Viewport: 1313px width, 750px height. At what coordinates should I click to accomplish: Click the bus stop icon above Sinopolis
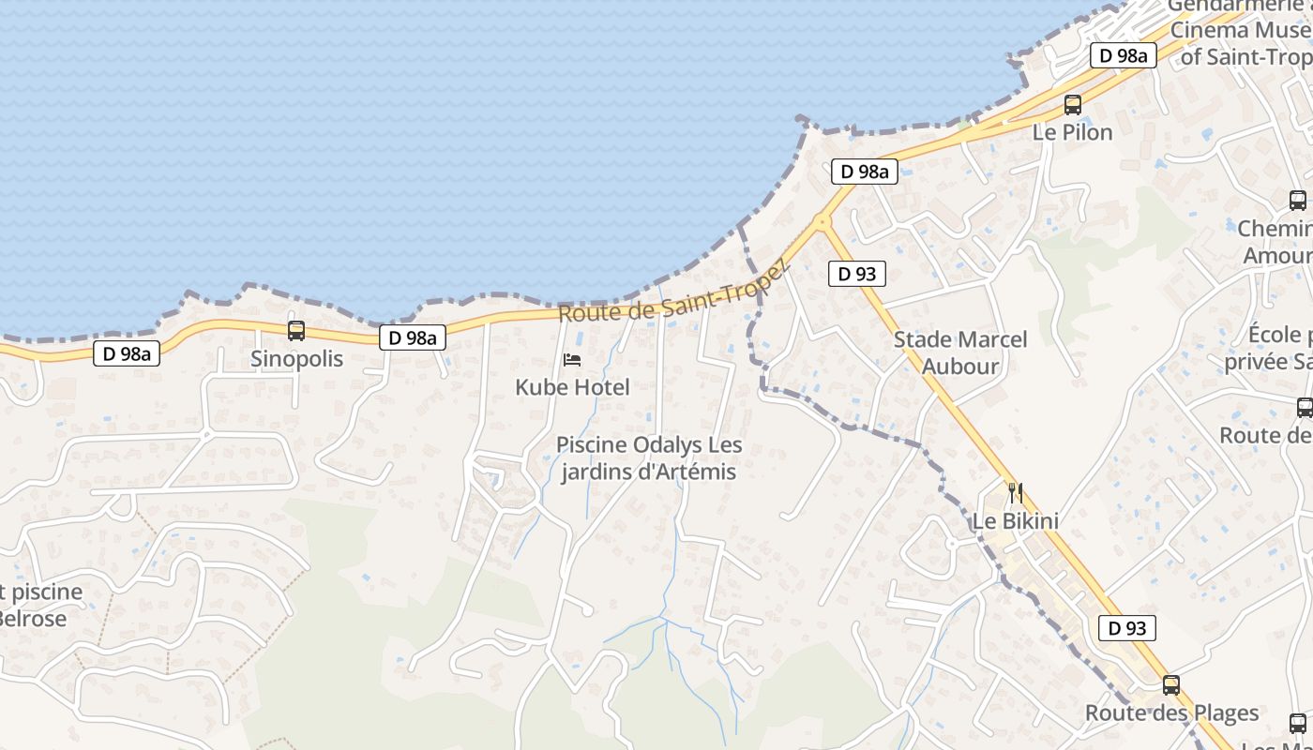tap(296, 330)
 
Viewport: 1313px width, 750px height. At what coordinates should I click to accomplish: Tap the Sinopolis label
tap(296, 359)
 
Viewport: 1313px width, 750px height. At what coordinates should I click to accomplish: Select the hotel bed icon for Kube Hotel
tap(572, 359)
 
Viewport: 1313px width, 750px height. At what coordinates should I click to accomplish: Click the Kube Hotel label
tap(572, 387)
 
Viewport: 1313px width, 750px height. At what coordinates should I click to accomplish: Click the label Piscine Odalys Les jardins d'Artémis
tap(648, 458)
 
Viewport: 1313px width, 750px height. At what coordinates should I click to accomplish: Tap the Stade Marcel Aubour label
tap(960, 352)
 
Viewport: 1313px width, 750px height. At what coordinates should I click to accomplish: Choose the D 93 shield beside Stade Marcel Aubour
tap(857, 274)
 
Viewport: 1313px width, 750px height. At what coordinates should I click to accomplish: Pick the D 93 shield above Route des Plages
tap(1127, 628)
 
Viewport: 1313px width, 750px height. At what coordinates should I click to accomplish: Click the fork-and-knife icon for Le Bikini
tap(1015, 492)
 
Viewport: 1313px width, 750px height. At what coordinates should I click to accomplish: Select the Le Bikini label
tap(1015, 521)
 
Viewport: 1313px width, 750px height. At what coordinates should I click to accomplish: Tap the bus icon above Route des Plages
tap(1170, 684)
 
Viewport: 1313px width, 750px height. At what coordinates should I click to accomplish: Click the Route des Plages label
tap(1171, 713)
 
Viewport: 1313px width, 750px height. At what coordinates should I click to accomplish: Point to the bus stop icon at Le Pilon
tap(1073, 105)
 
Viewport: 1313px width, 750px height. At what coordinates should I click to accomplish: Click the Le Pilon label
tap(1073, 133)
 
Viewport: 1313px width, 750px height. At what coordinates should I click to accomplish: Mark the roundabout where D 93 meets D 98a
tap(823, 222)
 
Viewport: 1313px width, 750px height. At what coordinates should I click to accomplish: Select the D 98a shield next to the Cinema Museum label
tap(1123, 56)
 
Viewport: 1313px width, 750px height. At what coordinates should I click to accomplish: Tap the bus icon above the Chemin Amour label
tap(1298, 200)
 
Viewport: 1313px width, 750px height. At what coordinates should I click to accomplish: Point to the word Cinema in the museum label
tap(1210, 30)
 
